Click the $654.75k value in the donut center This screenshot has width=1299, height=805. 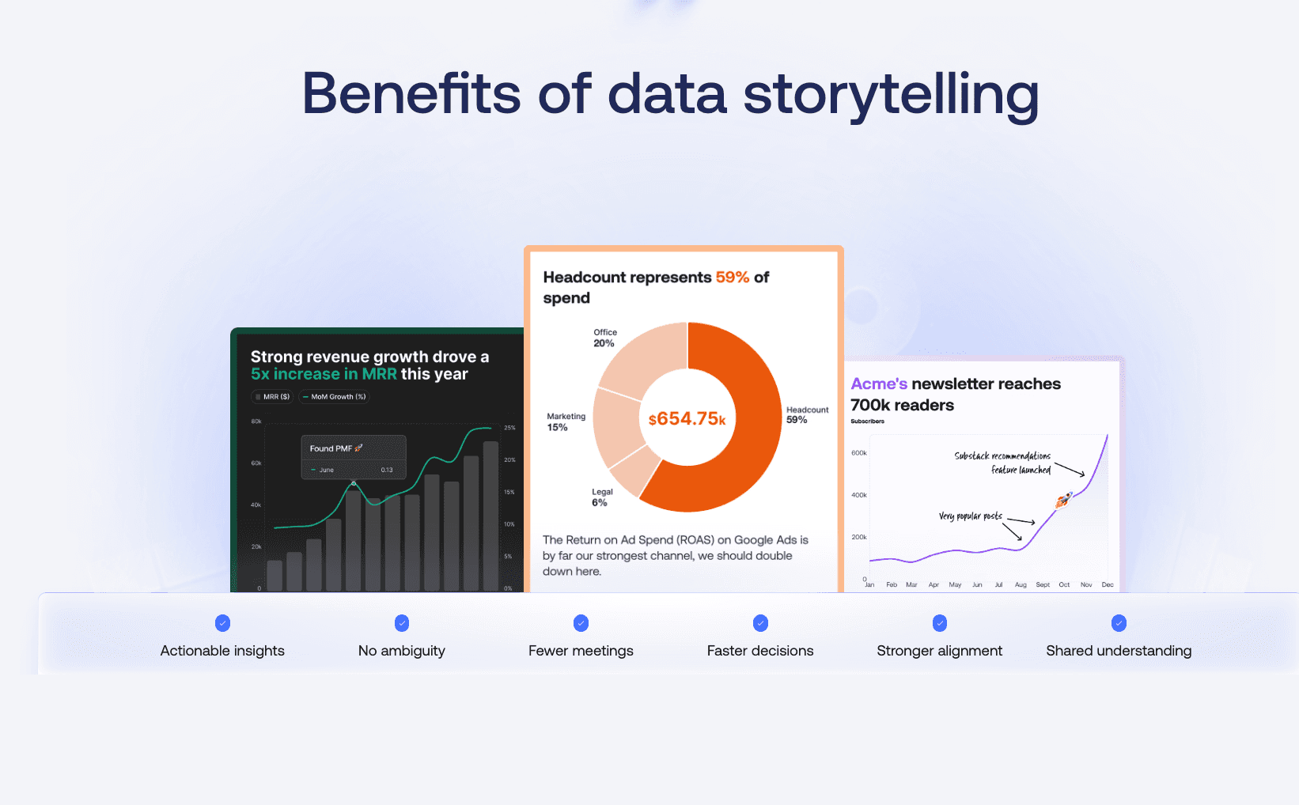[x=687, y=419]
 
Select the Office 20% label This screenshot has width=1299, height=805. [x=605, y=338]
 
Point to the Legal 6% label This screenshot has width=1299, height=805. [x=602, y=497]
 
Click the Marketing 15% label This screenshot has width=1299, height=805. [x=566, y=421]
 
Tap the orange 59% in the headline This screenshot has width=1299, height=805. [x=732, y=278]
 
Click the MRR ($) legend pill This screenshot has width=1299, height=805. [x=272, y=397]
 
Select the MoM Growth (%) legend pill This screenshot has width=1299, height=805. [x=334, y=397]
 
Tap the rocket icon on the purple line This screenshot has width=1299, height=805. [x=1064, y=499]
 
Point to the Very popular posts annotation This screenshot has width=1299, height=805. [x=970, y=516]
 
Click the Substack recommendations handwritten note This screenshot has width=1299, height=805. [x=1002, y=456]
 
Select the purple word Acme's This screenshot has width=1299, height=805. [x=879, y=384]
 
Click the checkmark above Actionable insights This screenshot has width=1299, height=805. [x=222, y=623]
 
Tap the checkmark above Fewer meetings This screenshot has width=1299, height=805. [x=581, y=623]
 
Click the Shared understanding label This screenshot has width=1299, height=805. [x=1118, y=651]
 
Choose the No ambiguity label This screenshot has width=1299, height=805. [x=401, y=651]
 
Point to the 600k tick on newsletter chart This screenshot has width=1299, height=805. [x=858, y=453]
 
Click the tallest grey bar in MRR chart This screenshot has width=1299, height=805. [x=490, y=514]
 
